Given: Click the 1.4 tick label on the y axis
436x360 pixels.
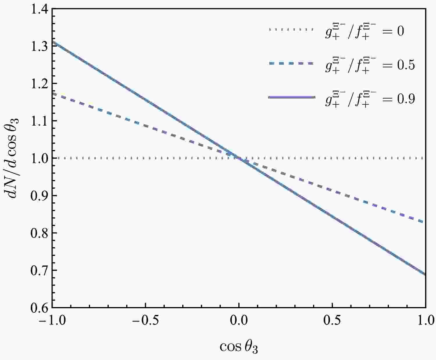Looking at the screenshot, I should point(39,9).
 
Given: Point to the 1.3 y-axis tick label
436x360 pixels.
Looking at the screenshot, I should point(39,46).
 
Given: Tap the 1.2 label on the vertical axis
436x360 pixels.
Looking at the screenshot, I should point(39,83).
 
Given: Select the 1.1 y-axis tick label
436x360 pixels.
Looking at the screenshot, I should point(39,121).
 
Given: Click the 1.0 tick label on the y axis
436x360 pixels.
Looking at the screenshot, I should point(39,158).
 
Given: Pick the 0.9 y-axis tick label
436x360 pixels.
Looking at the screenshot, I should point(39,195).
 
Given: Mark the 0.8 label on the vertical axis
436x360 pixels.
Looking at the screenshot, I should point(39,233).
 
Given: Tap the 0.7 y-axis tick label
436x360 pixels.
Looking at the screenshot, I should point(39,270).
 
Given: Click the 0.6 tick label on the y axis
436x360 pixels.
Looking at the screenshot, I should point(39,307).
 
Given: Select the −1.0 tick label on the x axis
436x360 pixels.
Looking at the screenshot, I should point(52,321).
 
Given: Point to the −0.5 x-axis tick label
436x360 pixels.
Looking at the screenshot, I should point(145,321).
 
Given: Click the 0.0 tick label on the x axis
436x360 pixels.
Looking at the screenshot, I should point(239,321).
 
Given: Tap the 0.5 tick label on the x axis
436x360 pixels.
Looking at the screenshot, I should point(332,321).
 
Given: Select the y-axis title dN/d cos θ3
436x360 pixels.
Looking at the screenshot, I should point(14,158).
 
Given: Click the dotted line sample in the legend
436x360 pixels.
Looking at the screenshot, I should point(291,29).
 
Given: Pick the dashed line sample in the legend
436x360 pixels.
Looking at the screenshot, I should point(291,63).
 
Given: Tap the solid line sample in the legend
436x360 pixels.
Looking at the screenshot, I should point(291,98).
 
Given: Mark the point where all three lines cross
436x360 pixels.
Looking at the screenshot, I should point(239,158).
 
